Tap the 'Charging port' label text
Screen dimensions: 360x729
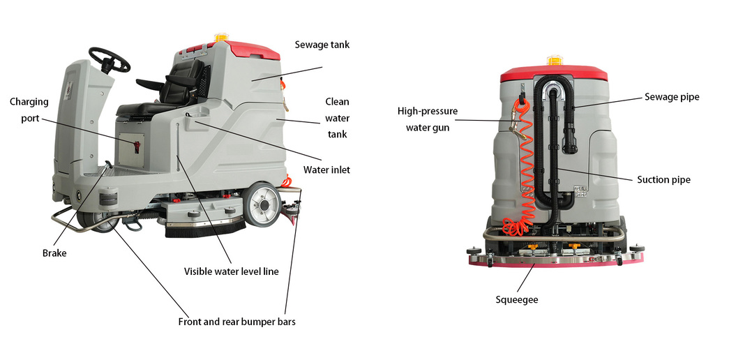point(29,110)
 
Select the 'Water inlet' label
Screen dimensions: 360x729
point(326,170)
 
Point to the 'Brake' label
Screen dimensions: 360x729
point(54,253)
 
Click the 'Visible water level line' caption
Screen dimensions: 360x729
point(231,271)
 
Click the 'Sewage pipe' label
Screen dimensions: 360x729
point(671,97)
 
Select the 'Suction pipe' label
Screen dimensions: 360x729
point(663,180)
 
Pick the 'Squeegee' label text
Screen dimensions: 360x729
point(516,300)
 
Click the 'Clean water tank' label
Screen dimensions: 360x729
point(337,118)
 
